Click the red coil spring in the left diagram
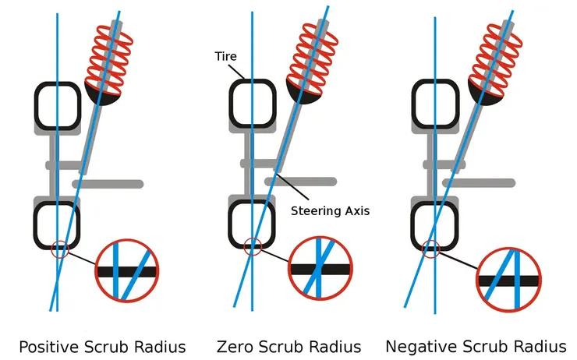111,55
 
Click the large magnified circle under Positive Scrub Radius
126,270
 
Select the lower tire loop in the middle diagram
252,223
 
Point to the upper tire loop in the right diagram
435,104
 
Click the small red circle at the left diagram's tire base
59,251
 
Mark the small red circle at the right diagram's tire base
430,251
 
